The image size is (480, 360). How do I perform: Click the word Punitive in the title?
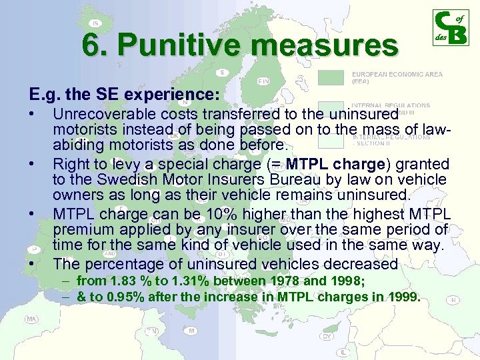tap(171, 45)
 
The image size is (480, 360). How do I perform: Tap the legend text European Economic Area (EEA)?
tap(396, 77)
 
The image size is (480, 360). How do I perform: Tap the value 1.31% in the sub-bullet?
tap(189, 281)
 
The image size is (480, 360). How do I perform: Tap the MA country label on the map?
tap(31, 319)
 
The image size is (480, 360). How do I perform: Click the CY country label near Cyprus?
tap(327, 336)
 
